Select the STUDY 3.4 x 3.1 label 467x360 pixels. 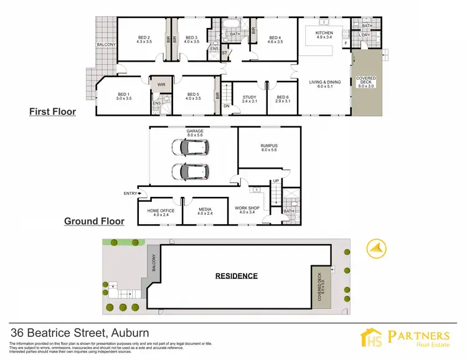(x=250, y=98)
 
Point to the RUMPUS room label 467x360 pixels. (x=269, y=148)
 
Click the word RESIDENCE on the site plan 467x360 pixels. (x=237, y=275)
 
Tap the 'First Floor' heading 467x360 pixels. (x=52, y=112)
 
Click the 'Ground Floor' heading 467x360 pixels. (x=94, y=221)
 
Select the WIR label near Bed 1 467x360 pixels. (x=161, y=84)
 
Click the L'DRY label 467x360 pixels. (x=365, y=36)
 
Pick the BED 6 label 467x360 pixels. (x=283, y=98)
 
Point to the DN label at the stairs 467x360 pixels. (x=226, y=106)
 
